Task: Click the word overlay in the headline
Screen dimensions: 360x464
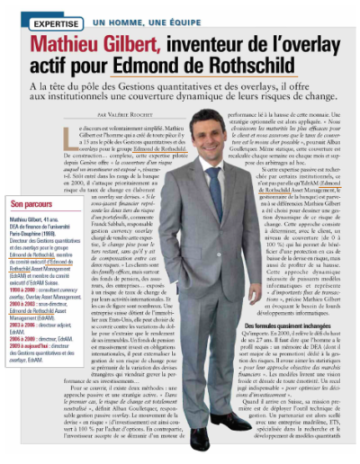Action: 314,40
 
